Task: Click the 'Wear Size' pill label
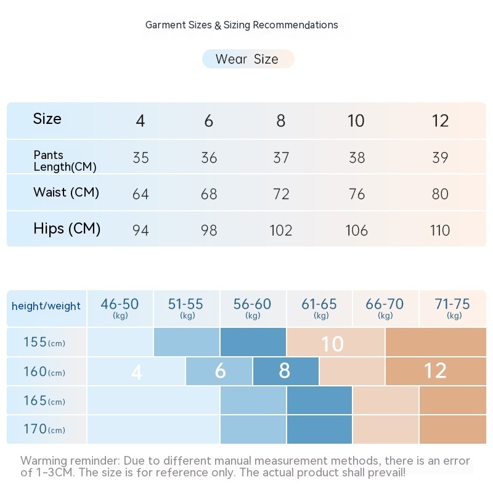click(x=247, y=59)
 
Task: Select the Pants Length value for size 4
click(x=141, y=158)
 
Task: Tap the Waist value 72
click(x=281, y=194)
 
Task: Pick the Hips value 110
click(x=440, y=230)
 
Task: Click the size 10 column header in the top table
click(x=356, y=121)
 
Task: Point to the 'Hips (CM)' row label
click(x=67, y=229)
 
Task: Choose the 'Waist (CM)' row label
click(x=66, y=192)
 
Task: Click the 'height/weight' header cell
click(x=46, y=306)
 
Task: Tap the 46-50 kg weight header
click(x=120, y=308)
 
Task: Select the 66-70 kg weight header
click(x=385, y=308)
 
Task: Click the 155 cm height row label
click(x=44, y=343)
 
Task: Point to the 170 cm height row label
click(x=44, y=429)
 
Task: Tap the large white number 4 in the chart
click(x=137, y=372)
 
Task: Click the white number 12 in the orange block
click(x=435, y=371)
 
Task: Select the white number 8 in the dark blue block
click(x=284, y=371)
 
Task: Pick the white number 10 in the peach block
click(x=332, y=344)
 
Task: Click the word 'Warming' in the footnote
click(x=44, y=461)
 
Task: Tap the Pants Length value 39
click(x=440, y=158)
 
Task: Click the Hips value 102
click(x=281, y=230)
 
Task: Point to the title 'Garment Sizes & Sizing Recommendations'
click(x=242, y=25)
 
